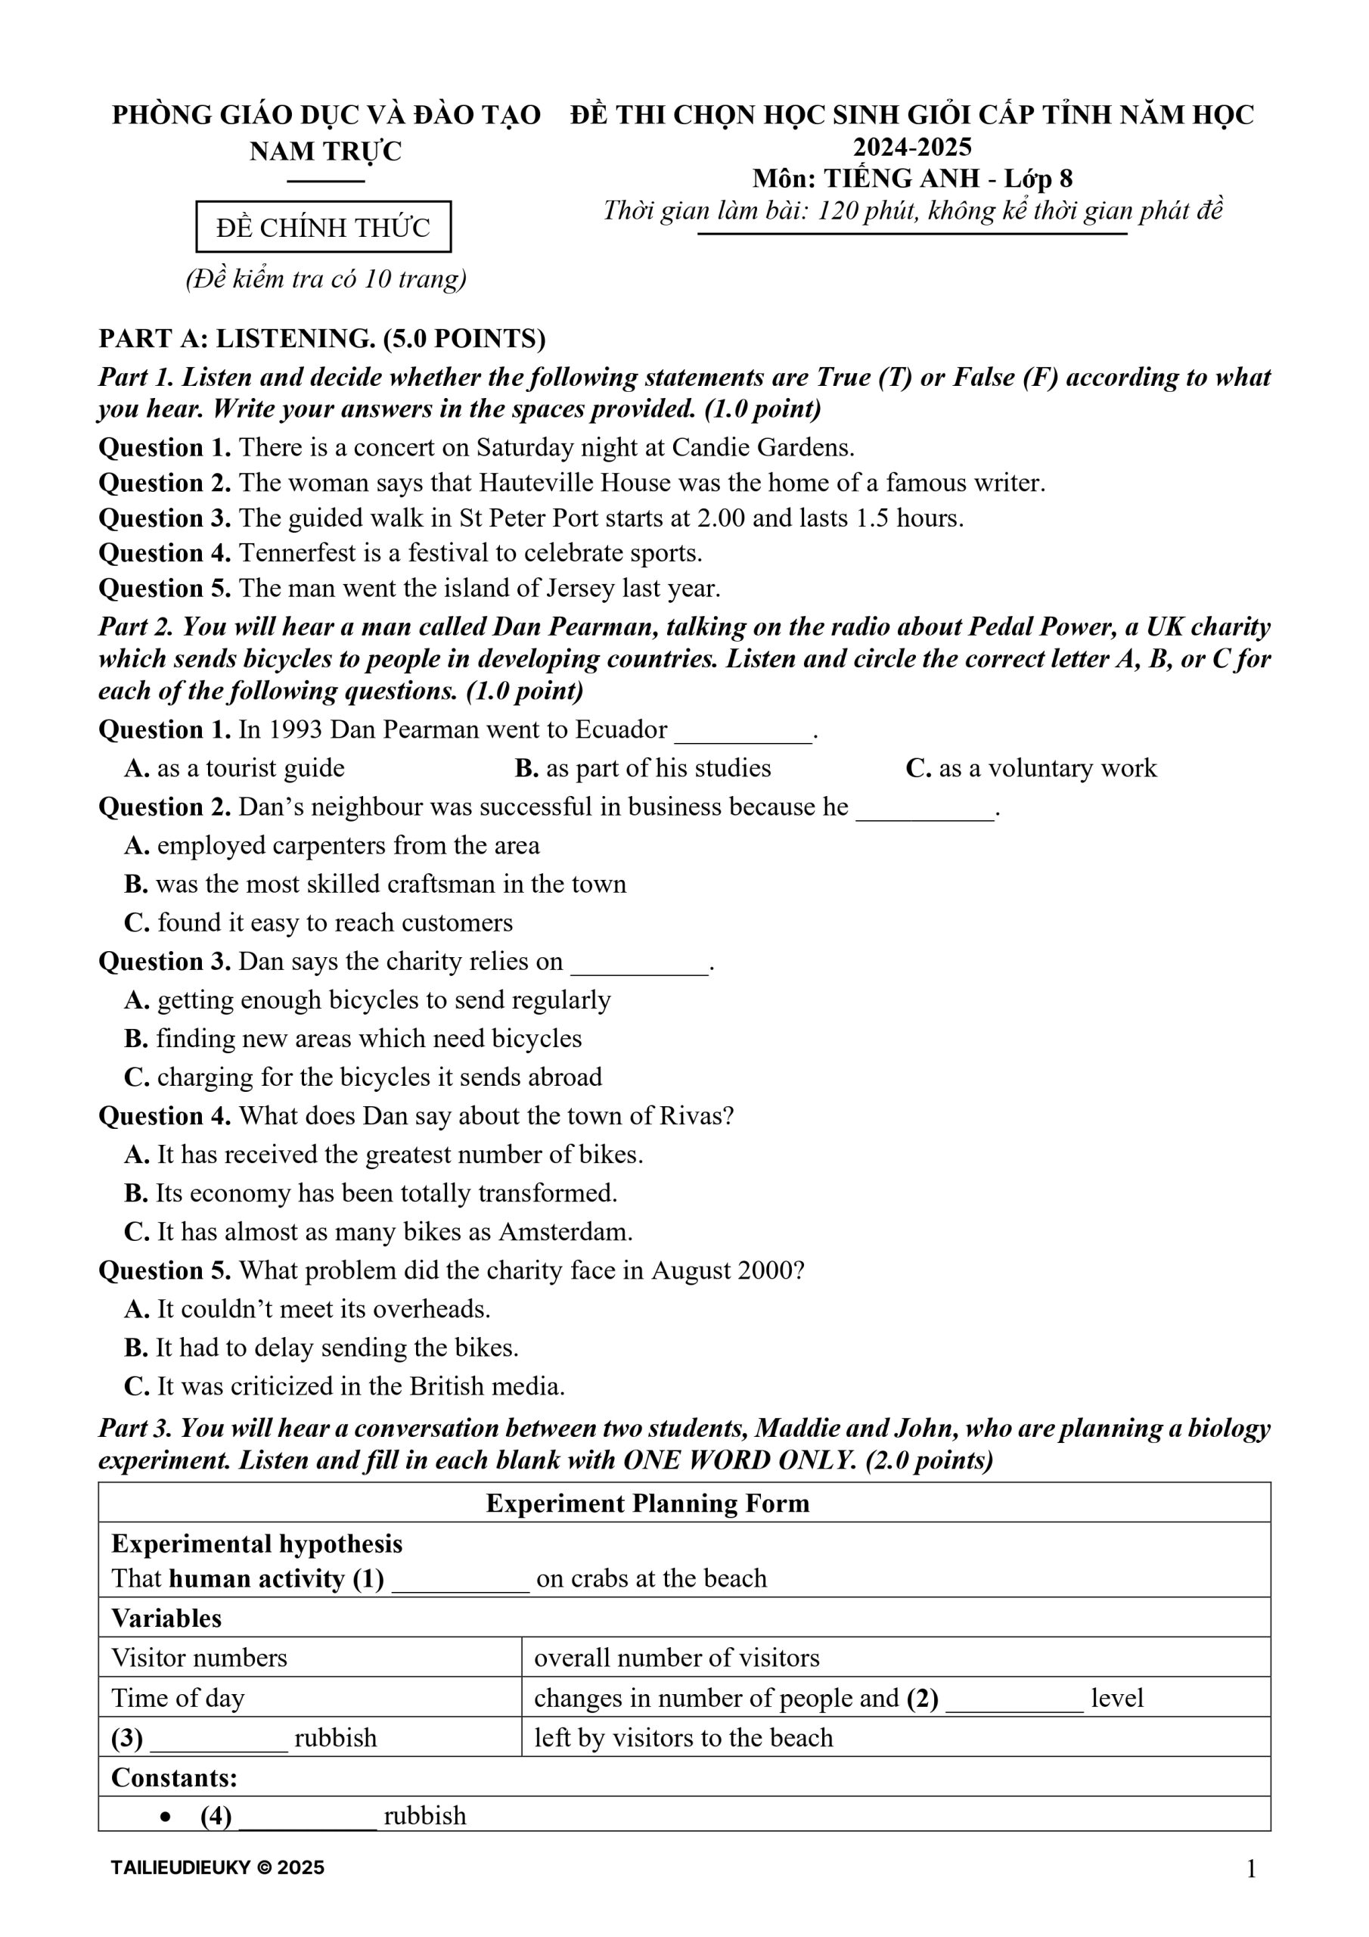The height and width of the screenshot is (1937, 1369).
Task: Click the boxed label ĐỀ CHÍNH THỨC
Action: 323,227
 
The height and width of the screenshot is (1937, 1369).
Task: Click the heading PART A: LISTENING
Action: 322,338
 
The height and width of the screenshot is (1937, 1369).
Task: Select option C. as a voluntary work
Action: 1031,768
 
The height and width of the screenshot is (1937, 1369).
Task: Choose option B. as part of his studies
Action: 643,768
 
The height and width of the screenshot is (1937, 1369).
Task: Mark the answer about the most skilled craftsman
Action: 375,885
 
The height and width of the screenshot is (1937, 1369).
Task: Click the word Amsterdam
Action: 564,1232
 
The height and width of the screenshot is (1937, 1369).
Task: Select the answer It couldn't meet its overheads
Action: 308,1309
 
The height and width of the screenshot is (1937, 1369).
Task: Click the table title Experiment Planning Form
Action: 647,1503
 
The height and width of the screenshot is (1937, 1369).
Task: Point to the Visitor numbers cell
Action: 199,1658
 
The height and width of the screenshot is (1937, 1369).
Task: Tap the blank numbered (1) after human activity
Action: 461,1580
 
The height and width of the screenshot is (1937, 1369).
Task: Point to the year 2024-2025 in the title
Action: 913,147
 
